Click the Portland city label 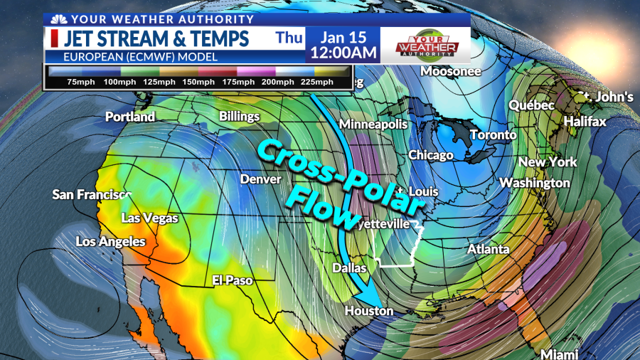click(x=130, y=117)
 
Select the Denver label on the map click(x=260, y=179)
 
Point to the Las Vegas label click(x=150, y=218)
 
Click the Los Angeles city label click(x=110, y=242)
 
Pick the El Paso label click(x=233, y=280)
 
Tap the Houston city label click(x=368, y=311)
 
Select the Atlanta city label click(x=488, y=249)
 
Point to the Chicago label click(x=430, y=155)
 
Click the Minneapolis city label click(x=373, y=125)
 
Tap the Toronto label click(x=493, y=134)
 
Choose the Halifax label click(x=585, y=122)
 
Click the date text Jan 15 click(x=341, y=37)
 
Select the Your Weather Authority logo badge click(x=426, y=44)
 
